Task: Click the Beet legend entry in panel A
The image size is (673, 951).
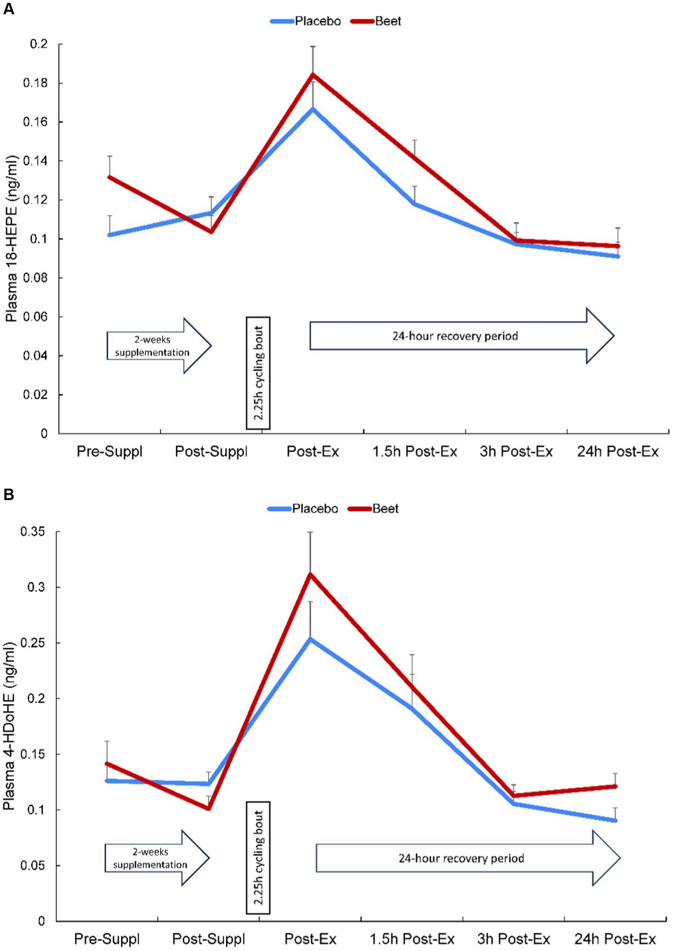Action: (x=388, y=21)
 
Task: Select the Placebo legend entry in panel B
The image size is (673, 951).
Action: (x=314, y=509)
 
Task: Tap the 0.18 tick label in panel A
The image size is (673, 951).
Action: (x=36, y=83)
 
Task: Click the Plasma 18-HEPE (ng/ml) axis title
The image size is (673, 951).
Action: (x=11, y=239)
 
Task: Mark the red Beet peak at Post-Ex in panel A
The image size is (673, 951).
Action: (x=313, y=74)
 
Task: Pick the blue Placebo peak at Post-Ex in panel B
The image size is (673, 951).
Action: (x=310, y=639)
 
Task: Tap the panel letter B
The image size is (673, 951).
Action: (x=8, y=495)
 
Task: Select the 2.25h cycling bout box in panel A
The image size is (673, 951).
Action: (x=258, y=373)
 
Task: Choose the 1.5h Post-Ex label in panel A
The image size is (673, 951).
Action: (x=414, y=451)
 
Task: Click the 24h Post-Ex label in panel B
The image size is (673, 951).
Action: (x=615, y=939)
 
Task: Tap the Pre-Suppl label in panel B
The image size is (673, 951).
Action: (x=107, y=939)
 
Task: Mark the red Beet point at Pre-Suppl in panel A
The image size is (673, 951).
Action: (x=110, y=177)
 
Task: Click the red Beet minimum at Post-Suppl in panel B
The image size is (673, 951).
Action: (x=209, y=808)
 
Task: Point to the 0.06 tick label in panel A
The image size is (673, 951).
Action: (x=36, y=317)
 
